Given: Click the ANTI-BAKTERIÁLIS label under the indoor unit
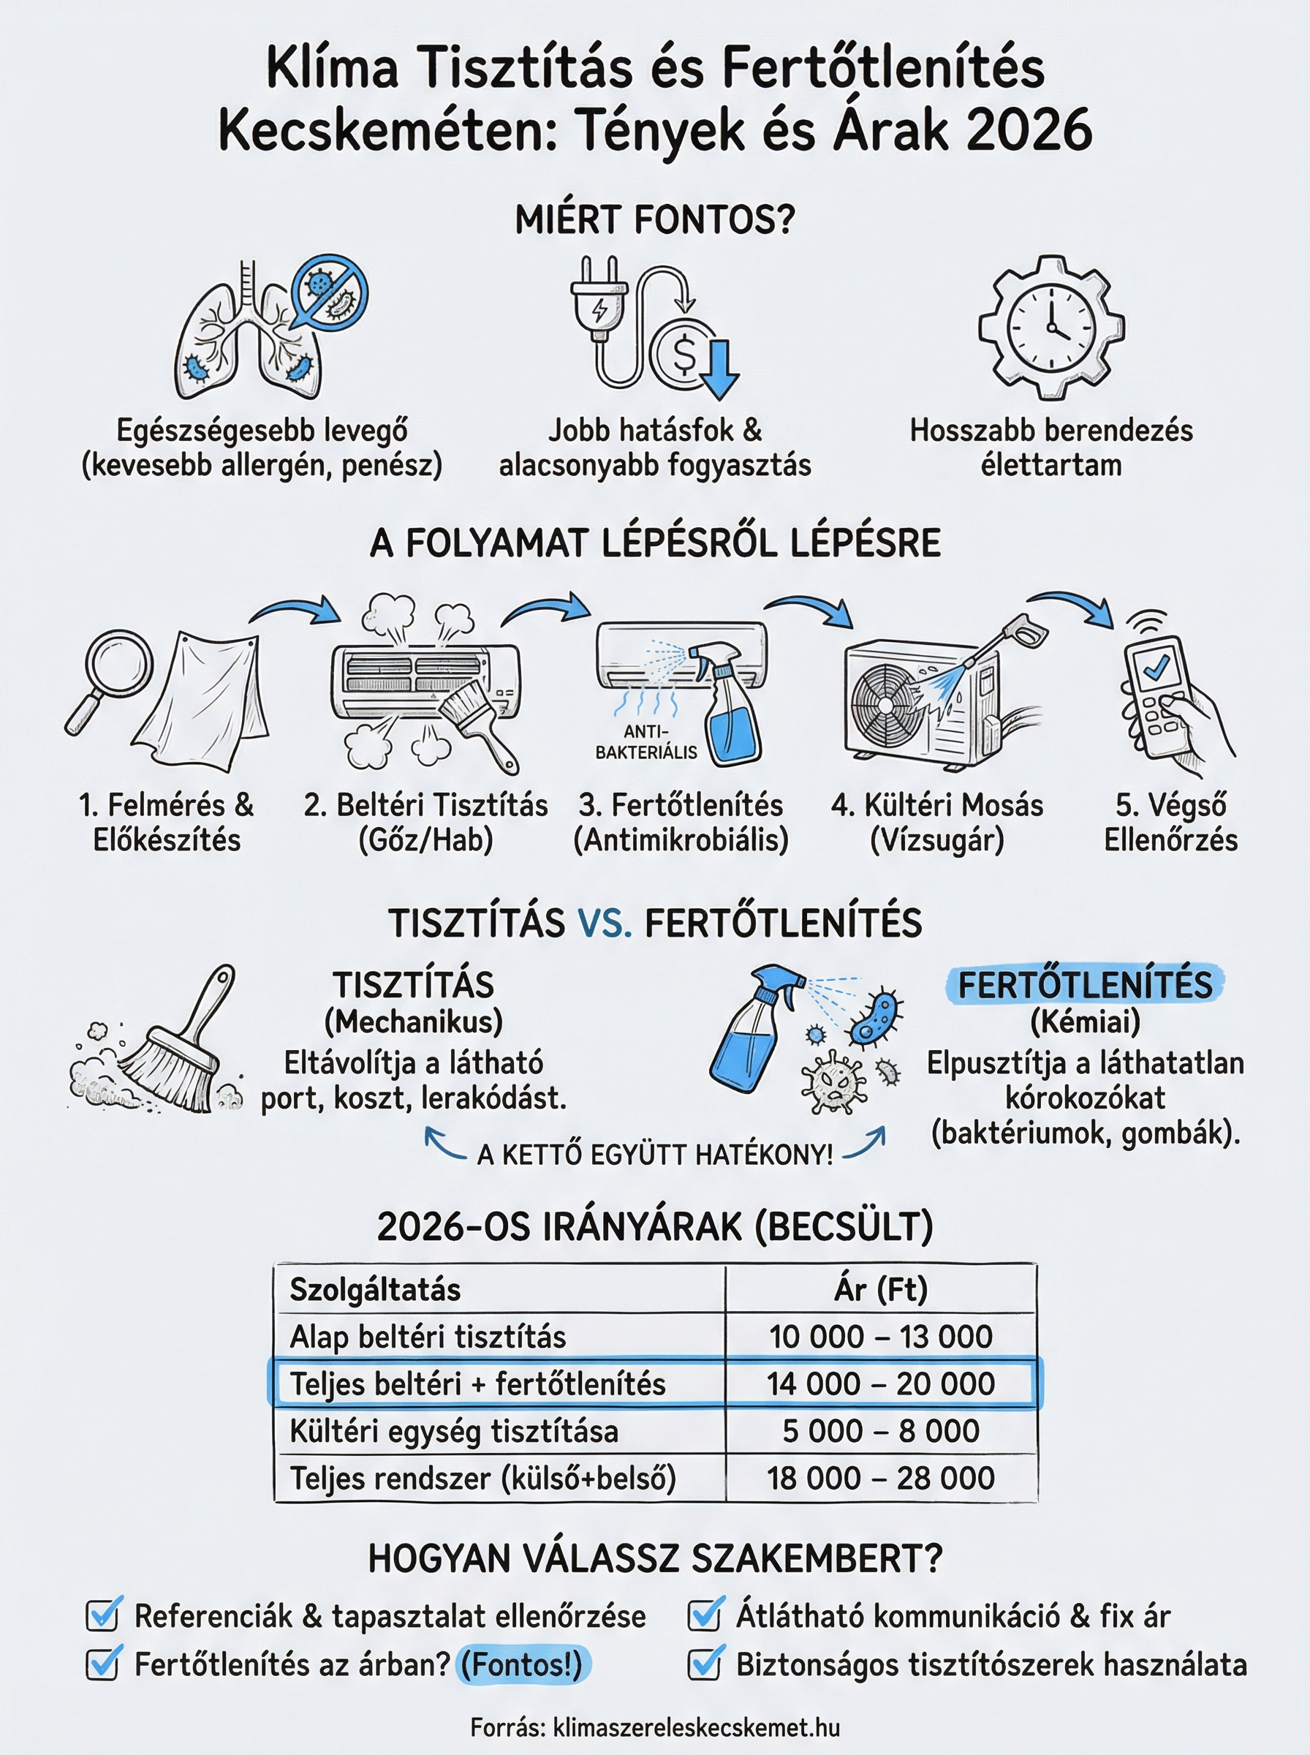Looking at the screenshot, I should pos(646,741).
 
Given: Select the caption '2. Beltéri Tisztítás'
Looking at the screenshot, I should pos(426,805).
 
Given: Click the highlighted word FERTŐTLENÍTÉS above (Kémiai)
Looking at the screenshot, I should pos(1085,985).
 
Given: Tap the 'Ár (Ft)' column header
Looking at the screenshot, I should pos(880,1288).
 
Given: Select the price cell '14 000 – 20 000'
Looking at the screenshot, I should pos(880,1384).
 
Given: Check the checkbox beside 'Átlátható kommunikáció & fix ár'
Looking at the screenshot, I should pos(705,1615).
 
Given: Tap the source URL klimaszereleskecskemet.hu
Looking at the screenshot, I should pos(695,1727).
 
